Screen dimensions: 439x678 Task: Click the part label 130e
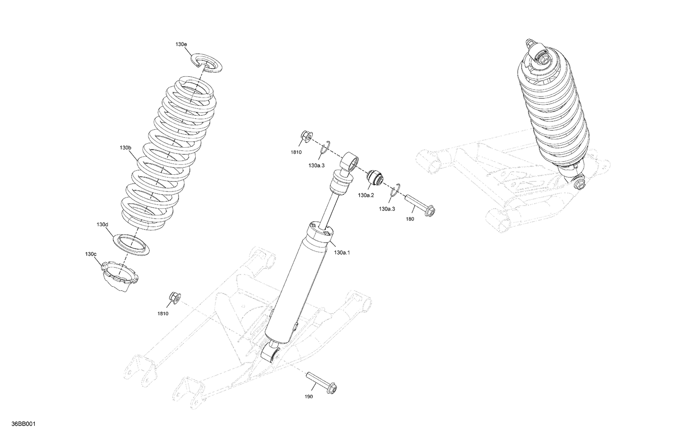pyautogui.click(x=181, y=44)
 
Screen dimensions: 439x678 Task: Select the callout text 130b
pyautogui.click(x=125, y=148)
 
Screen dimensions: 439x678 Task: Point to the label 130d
pyautogui.click(x=102, y=224)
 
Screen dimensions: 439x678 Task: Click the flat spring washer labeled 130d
pyautogui.click(x=131, y=244)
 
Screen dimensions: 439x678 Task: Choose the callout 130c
pyautogui.click(x=90, y=254)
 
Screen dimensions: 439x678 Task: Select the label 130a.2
pyautogui.click(x=366, y=195)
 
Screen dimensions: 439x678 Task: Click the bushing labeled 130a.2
pyautogui.click(x=375, y=179)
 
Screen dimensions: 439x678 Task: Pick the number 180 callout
pyautogui.click(x=410, y=219)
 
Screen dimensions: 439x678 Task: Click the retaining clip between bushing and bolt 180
pyautogui.click(x=395, y=191)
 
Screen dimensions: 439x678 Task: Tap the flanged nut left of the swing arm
pyautogui.click(x=175, y=298)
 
